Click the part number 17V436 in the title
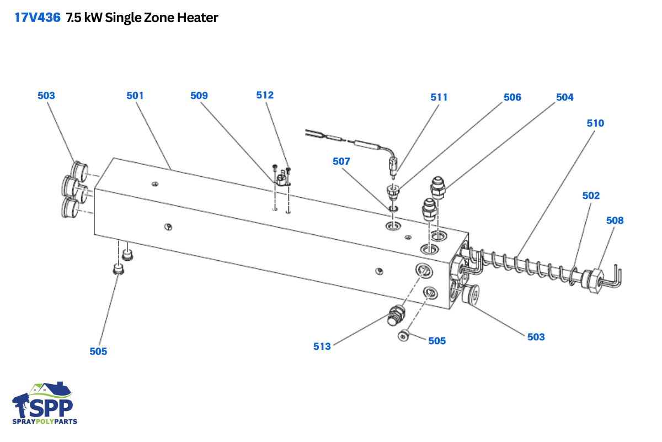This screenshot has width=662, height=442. (37, 18)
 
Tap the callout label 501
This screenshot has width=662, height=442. (135, 96)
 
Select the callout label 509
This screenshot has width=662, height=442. (199, 96)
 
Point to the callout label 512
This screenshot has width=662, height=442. (265, 95)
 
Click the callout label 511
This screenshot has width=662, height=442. (439, 97)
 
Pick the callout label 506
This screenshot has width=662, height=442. (512, 97)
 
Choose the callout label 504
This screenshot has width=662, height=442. (564, 97)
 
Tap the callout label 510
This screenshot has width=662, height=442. (595, 123)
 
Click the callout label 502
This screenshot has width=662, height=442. (591, 196)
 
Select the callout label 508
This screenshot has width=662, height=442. (615, 220)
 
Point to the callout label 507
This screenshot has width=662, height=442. (341, 161)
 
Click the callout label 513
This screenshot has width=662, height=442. (322, 346)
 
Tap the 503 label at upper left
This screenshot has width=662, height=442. (46, 96)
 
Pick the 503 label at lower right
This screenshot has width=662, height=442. (536, 336)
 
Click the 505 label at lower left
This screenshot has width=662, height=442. (98, 351)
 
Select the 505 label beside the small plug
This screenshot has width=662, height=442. (437, 341)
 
